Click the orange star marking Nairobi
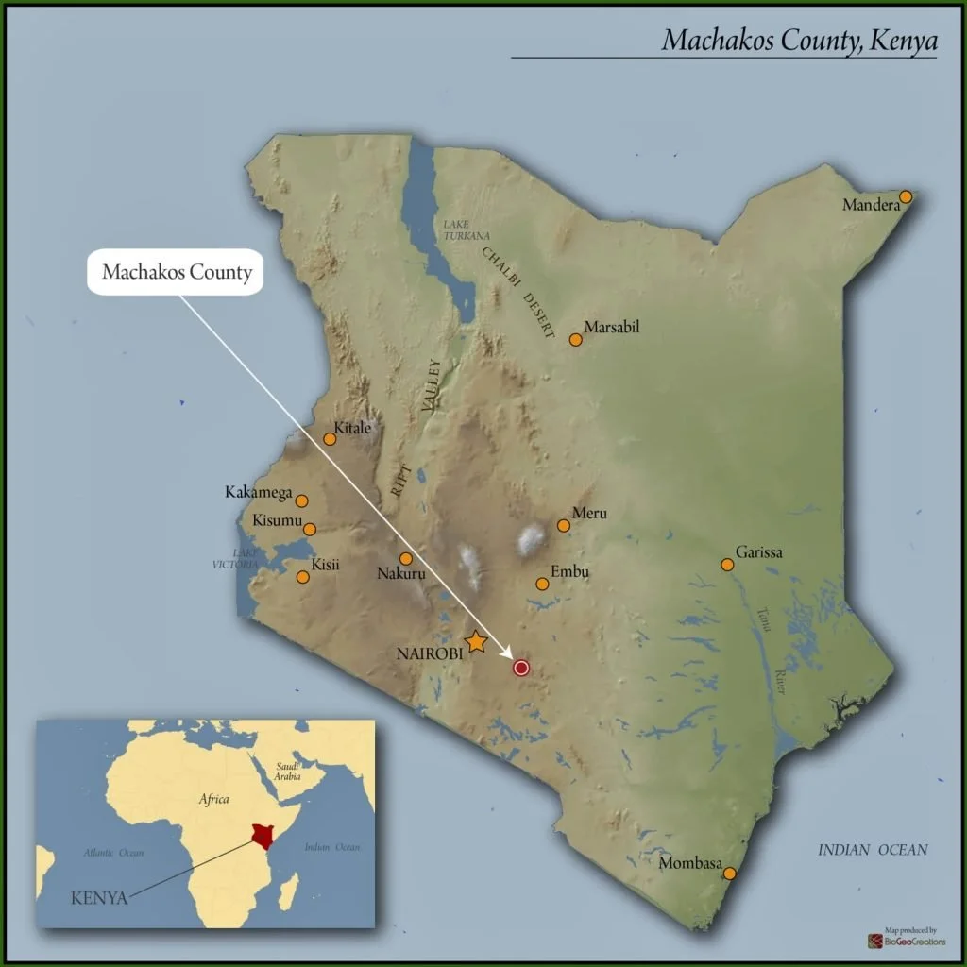(476, 642)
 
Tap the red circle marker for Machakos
(520, 668)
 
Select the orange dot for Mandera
(906, 196)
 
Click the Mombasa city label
(690, 864)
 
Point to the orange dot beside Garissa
(727, 565)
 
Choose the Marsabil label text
(612, 328)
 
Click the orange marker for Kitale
(330, 438)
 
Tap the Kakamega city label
(258, 492)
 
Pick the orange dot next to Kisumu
(309, 529)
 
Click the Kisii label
(326, 566)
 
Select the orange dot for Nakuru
(405, 558)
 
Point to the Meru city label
(589, 514)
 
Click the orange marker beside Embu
(542, 584)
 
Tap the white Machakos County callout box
(178, 273)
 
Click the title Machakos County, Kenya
(798, 40)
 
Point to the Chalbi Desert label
(518, 292)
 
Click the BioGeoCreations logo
(906, 940)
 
